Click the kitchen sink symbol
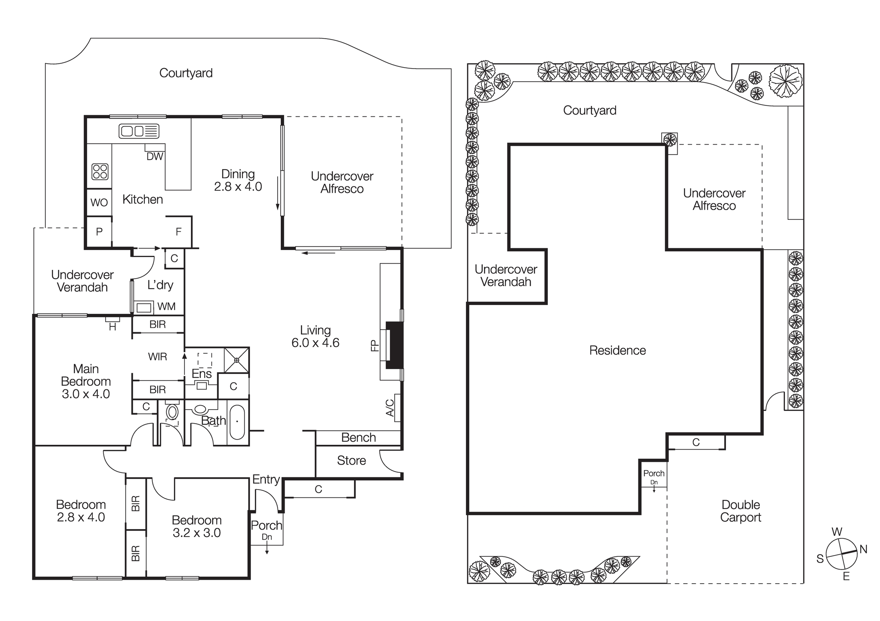coord(139,131)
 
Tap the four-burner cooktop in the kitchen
coord(100,171)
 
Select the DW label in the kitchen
coord(155,156)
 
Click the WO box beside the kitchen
coord(99,203)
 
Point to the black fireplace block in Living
coord(395,345)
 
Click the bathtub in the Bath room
coord(237,422)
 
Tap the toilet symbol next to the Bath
coord(172,412)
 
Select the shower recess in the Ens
coord(237,360)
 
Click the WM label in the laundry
coord(166,306)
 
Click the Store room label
coord(351,461)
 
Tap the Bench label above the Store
coord(359,438)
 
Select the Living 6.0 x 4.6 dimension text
coord(315,343)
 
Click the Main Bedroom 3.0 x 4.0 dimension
coord(86,394)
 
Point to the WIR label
coord(158,357)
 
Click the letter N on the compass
coord(863,549)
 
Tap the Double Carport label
coord(741,511)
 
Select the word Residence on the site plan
coord(617,350)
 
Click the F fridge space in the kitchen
coord(178,232)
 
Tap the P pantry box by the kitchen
coord(99,232)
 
